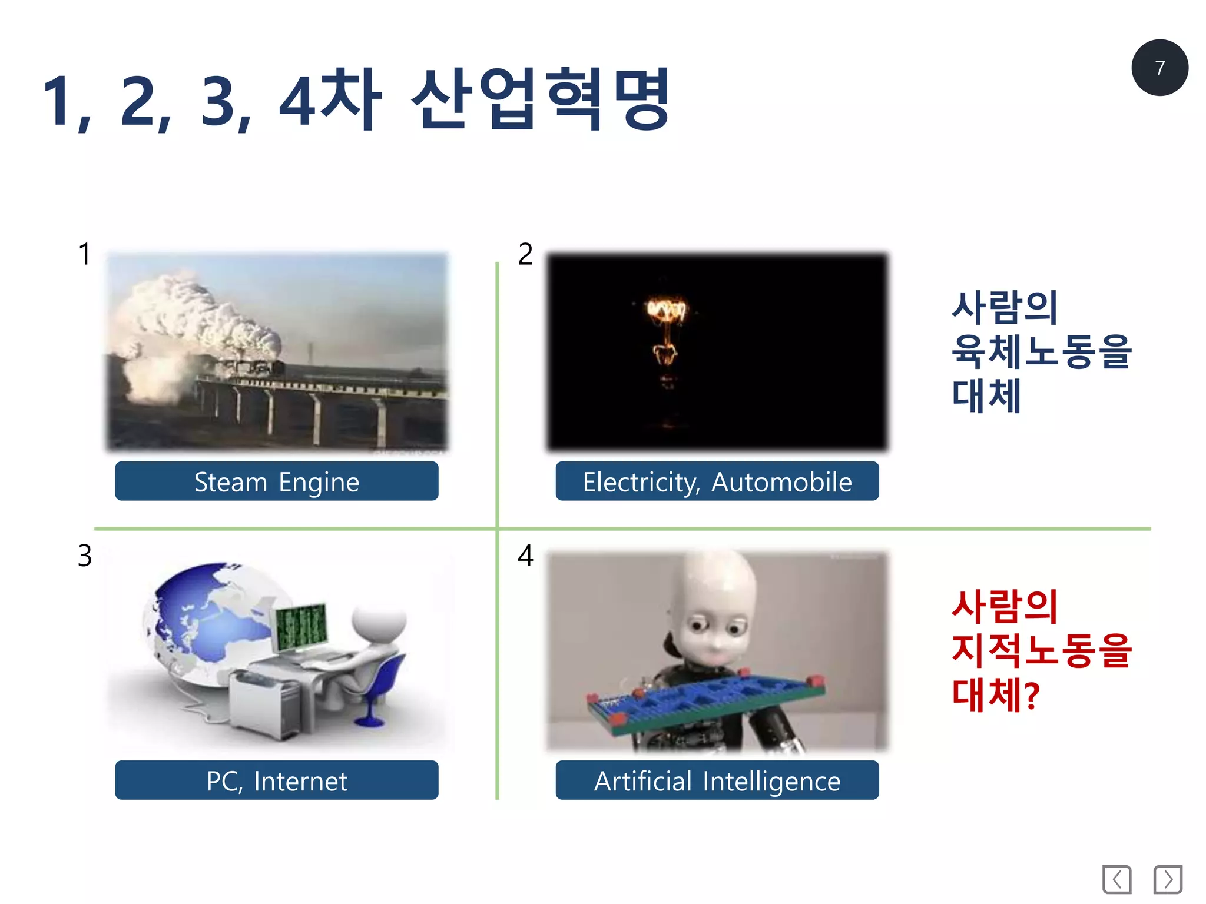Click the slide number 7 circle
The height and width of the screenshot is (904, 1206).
[x=1159, y=68]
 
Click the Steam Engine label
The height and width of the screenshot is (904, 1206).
[x=276, y=481]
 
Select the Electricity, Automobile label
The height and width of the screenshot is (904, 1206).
[x=717, y=481]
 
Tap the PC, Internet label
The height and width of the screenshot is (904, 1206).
[x=276, y=780]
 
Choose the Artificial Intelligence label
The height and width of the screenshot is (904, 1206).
[x=717, y=780]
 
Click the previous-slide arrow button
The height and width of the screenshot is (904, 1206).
[x=1116, y=879]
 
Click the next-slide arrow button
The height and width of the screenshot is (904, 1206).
[x=1168, y=879]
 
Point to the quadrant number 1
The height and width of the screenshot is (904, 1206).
[x=85, y=254]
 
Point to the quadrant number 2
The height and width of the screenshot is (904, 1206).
[x=525, y=254]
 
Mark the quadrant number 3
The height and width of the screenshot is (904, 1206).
[x=85, y=556]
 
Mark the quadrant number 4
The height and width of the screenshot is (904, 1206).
[x=525, y=556]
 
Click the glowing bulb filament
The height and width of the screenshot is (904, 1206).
[x=666, y=312]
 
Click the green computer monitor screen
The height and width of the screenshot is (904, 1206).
[x=301, y=626]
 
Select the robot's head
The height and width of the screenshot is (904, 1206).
[x=715, y=612]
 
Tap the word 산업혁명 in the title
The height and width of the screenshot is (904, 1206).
[x=541, y=99]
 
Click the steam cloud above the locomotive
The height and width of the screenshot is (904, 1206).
[x=194, y=318]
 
